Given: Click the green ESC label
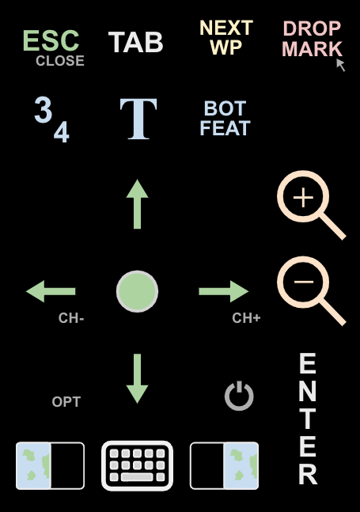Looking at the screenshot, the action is click(x=51, y=41).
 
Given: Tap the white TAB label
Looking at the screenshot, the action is click(x=135, y=42).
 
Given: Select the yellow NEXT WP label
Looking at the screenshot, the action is click(x=226, y=37).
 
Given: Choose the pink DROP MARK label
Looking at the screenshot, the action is click(x=312, y=39).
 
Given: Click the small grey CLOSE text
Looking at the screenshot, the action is click(x=60, y=61).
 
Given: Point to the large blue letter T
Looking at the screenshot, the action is click(x=138, y=119).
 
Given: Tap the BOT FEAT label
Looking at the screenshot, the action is click(x=225, y=118).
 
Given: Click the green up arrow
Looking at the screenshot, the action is click(x=138, y=203).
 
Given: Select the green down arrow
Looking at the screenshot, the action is click(x=138, y=379).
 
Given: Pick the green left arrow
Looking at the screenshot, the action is click(x=51, y=291).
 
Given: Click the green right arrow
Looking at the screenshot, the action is click(x=224, y=291).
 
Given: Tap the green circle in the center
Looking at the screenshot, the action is click(x=138, y=291).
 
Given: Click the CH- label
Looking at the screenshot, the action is click(x=71, y=318).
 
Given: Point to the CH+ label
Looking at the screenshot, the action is click(x=246, y=318).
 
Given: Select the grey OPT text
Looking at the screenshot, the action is click(x=66, y=402).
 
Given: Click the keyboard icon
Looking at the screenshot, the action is click(x=138, y=466).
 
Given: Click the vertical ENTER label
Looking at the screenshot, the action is click(x=308, y=419).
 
